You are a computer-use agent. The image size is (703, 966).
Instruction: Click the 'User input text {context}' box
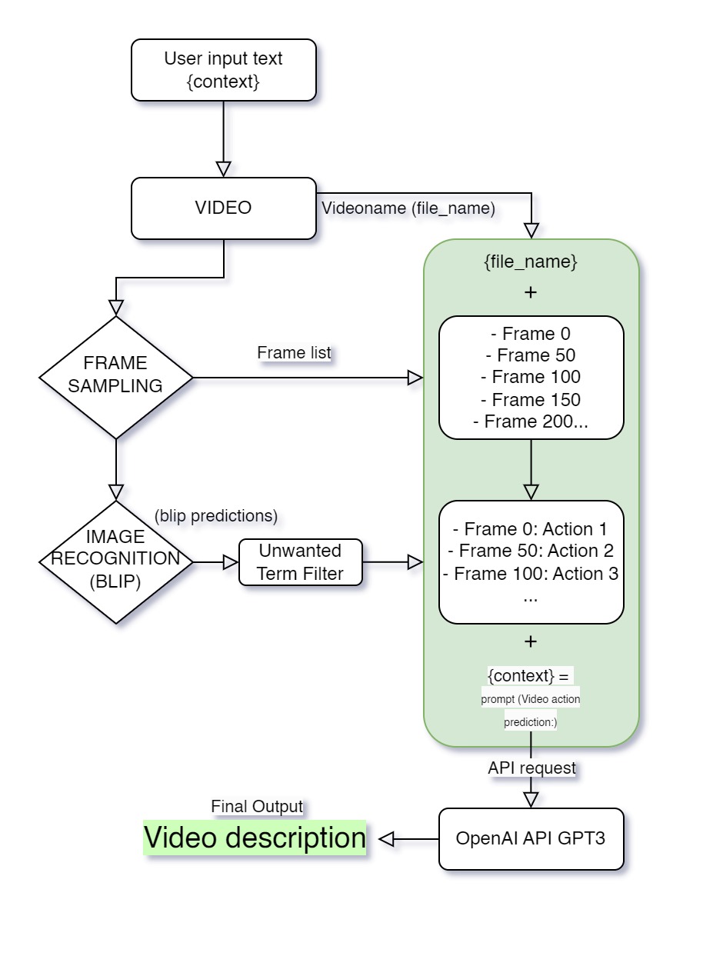click(x=223, y=70)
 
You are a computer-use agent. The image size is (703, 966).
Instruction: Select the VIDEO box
click(x=223, y=208)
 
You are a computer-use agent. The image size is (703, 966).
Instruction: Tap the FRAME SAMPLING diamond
click(x=115, y=378)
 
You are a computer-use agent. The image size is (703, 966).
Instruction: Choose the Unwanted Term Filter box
click(x=300, y=562)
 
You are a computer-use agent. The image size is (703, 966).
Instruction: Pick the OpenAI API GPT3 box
click(x=531, y=838)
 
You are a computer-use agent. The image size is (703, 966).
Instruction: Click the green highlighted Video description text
click(x=255, y=838)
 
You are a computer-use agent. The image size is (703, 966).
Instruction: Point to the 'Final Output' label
click(x=257, y=807)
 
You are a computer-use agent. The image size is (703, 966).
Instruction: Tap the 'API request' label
click(x=531, y=768)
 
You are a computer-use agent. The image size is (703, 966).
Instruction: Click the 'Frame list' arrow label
click(x=294, y=352)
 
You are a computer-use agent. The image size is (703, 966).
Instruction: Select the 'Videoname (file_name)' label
click(x=408, y=208)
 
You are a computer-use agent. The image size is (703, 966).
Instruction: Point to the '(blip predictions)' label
click(x=216, y=515)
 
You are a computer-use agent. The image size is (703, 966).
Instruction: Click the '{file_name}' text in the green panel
click(x=531, y=261)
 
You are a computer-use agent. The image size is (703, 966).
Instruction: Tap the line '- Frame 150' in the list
click(x=531, y=400)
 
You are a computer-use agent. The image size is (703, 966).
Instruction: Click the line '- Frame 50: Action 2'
click(x=531, y=551)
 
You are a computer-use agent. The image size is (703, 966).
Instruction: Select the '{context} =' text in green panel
click(x=529, y=675)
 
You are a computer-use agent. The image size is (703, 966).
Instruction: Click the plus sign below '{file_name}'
click(x=531, y=293)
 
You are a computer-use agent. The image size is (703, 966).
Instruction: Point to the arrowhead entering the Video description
click(x=387, y=839)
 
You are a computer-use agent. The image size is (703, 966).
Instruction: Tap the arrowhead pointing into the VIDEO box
click(x=223, y=168)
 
